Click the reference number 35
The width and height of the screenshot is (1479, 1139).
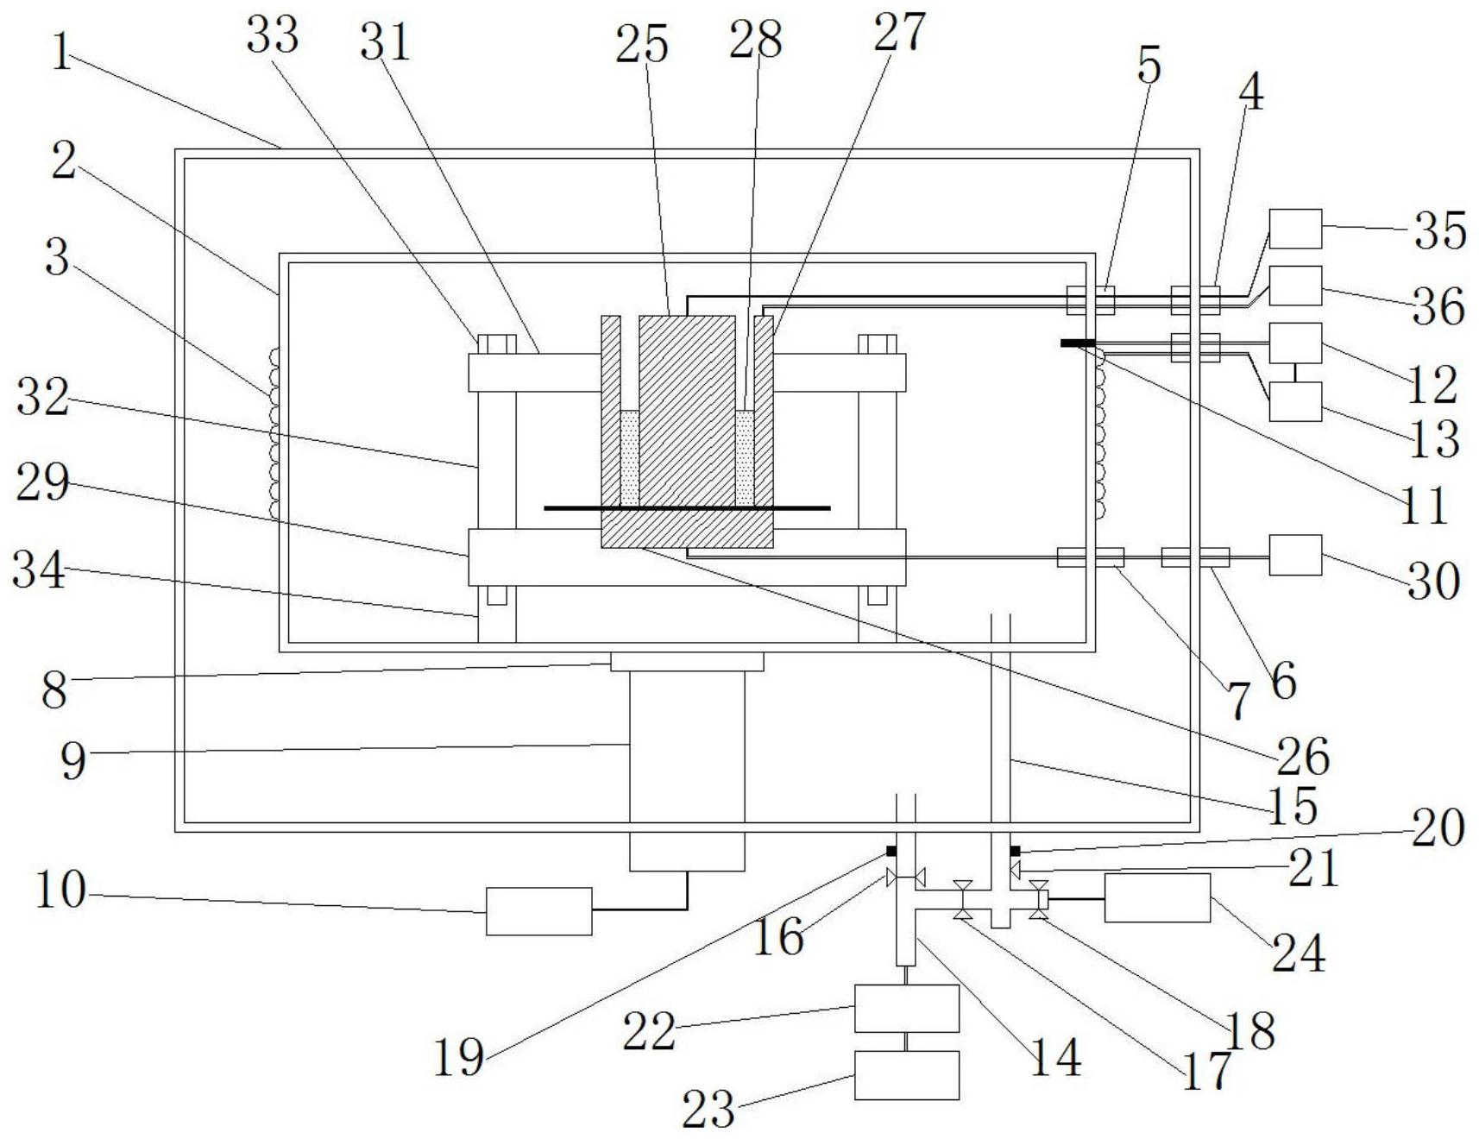tap(1439, 230)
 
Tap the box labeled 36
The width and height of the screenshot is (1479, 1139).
tap(1295, 286)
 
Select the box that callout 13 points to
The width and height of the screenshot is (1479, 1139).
tap(1295, 401)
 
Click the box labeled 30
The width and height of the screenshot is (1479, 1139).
tap(1295, 555)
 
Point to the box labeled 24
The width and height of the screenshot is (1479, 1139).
tap(1157, 898)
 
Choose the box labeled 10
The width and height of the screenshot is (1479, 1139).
tap(539, 911)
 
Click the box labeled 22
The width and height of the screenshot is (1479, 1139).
tap(907, 1009)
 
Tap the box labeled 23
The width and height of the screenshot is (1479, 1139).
tap(907, 1075)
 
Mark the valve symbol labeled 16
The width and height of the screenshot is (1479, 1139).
tap(906, 879)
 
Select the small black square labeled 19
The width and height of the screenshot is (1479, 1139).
tap(891, 852)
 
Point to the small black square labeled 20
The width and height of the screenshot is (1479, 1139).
tap(1015, 852)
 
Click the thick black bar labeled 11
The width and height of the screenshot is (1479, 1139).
tap(1078, 343)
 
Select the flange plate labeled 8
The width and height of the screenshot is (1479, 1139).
tap(687, 662)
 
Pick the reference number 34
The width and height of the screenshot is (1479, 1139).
tap(39, 570)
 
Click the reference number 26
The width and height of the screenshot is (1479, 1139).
tap(1303, 757)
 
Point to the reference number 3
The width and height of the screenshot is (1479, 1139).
tap(57, 257)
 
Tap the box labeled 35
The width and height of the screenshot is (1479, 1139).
tap(1295, 229)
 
